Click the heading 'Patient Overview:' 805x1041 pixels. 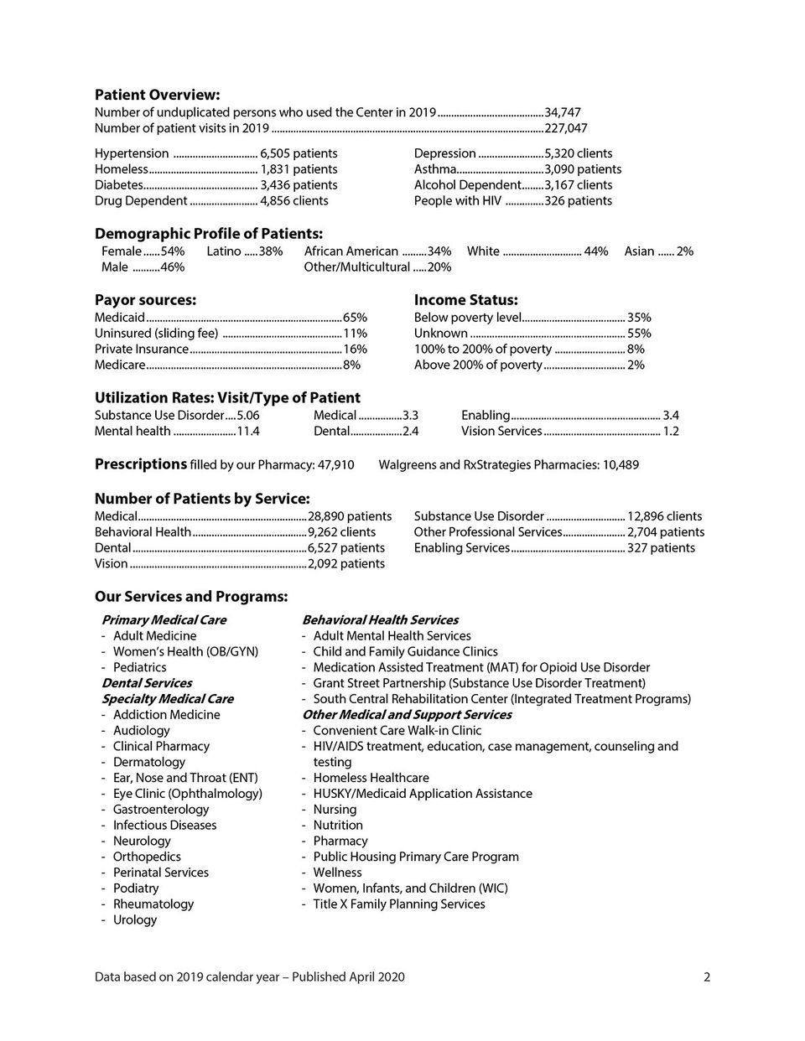tap(157, 95)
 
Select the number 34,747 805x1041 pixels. tap(563, 112)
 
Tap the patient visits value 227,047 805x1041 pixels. tap(566, 128)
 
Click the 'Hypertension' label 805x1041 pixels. tap(132, 153)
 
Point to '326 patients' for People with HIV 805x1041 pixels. tap(579, 201)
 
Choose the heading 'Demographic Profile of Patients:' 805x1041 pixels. tap(208, 234)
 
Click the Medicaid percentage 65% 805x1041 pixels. tap(355, 318)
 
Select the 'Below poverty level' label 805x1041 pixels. tap(468, 318)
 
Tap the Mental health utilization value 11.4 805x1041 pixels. tap(248, 432)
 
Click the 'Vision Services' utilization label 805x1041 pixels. tap(501, 432)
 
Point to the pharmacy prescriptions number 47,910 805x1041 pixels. tap(335, 465)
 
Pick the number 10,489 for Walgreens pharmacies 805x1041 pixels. tap(621, 465)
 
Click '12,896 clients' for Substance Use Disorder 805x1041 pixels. tap(665, 516)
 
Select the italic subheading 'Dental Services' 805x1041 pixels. tap(147, 683)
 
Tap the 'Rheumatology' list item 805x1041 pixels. tap(153, 904)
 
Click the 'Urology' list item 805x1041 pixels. tap(135, 919)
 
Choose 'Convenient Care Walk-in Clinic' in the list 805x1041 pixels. tap(397, 731)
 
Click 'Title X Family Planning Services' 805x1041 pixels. tap(399, 904)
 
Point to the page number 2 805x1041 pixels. tap(707, 976)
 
